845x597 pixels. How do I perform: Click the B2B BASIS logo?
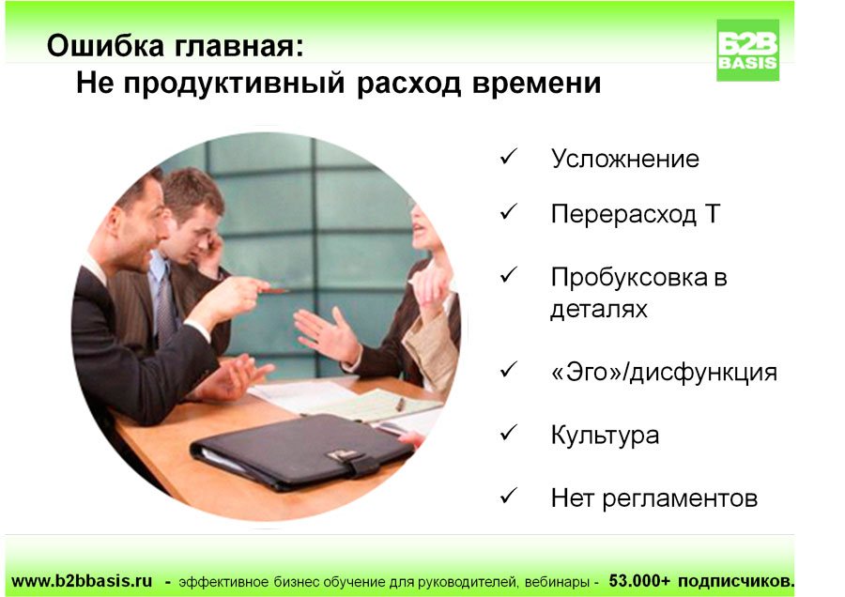(x=747, y=50)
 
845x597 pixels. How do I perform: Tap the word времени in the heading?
(x=536, y=84)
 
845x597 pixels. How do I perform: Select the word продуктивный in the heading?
(x=234, y=84)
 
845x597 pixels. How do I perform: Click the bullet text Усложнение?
(x=624, y=159)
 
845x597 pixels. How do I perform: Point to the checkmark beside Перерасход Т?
(x=508, y=211)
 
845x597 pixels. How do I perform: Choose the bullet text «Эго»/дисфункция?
(x=664, y=373)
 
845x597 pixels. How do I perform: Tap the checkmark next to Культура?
(x=508, y=432)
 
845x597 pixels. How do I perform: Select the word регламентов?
(x=680, y=499)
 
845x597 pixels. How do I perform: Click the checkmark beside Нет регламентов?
(x=508, y=496)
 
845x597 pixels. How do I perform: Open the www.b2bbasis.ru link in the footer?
(x=82, y=581)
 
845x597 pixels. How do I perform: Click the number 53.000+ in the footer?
(x=639, y=581)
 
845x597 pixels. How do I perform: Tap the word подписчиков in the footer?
(x=735, y=581)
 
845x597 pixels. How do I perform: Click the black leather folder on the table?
(x=301, y=452)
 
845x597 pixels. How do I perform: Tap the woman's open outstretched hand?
(x=327, y=334)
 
